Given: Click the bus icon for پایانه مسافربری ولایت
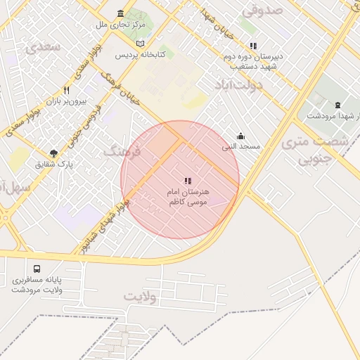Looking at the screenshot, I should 37,269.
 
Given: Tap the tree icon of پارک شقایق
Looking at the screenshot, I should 53,153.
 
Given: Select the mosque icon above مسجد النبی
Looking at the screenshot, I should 241,136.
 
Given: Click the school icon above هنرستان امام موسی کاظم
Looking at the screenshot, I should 188,181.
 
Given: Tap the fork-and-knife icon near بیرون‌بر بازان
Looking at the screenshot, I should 67,91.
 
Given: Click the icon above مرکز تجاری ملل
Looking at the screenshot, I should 121,14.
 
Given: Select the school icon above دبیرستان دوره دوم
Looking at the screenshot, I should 253,45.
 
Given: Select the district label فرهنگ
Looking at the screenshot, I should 123,150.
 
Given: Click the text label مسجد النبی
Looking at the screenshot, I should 241,146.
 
